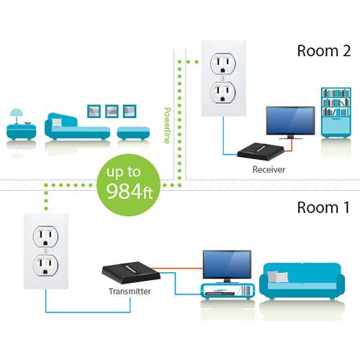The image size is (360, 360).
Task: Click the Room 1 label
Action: click(x=323, y=208)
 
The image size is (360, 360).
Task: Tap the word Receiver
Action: click(x=269, y=170)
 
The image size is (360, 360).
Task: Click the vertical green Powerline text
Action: click(x=167, y=126)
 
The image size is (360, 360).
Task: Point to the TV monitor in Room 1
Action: click(x=227, y=264)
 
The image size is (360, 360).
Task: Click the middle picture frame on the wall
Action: click(x=112, y=111)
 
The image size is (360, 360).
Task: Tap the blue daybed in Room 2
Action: click(x=76, y=127)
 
